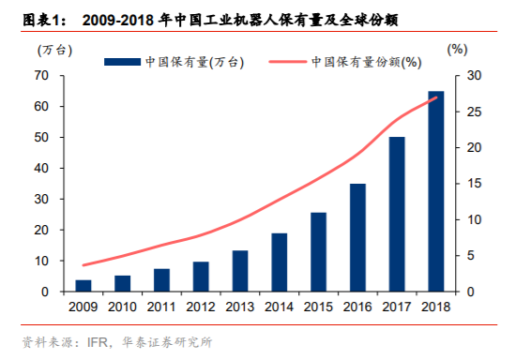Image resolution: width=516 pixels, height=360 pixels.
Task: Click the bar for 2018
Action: pyautogui.click(x=436, y=191)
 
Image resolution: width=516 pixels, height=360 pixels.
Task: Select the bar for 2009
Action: pyautogui.click(x=83, y=286)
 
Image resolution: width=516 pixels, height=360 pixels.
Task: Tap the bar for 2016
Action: pyautogui.click(x=357, y=238)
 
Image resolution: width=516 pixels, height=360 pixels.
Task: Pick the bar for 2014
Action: pyautogui.click(x=280, y=262)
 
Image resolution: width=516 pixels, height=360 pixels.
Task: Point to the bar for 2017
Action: pyautogui.click(x=397, y=215)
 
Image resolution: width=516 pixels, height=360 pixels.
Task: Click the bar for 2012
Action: pyautogui.click(x=201, y=277)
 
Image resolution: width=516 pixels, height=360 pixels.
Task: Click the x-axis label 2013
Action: pyautogui.click(x=240, y=306)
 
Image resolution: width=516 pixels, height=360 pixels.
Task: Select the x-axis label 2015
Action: pyautogui.click(x=318, y=306)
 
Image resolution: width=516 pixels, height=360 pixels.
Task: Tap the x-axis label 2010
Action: pyautogui.click(x=123, y=306)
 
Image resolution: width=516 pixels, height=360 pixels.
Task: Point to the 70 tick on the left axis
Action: pyautogui.click(x=43, y=75)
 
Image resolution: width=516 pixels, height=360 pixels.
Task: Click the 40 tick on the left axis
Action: pyautogui.click(x=43, y=168)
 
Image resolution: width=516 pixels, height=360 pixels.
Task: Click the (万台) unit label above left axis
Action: pyautogui.click(x=53, y=50)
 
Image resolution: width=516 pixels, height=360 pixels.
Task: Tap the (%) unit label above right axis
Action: pyautogui.click(x=457, y=50)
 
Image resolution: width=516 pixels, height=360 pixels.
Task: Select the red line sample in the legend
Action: pyautogui.click(x=287, y=63)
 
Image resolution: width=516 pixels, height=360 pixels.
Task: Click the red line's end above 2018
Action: pyautogui.click(x=436, y=97)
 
